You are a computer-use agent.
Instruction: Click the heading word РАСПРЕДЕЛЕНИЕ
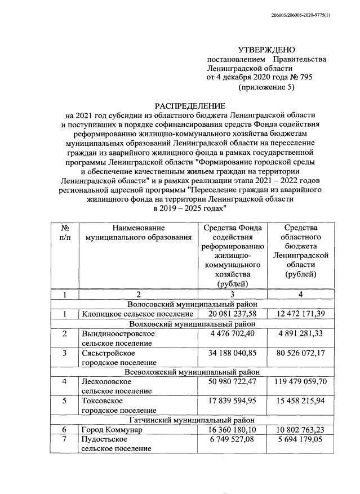(x=190, y=106)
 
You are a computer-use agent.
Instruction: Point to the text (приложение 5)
(x=266, y=87)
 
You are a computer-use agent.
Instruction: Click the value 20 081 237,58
(x=232, y=314)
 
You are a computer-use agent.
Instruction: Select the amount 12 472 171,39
(x=300, y=314)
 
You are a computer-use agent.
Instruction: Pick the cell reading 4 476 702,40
(x=232, y=334)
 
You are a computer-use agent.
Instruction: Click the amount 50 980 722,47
(x=232, y=381)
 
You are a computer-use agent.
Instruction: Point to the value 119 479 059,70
(x=300, y=381)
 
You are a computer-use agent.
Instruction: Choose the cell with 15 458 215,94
(x=300, y=400)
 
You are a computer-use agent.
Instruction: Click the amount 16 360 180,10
(x=232, y=429)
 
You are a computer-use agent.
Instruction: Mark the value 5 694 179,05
(x=300, y=439)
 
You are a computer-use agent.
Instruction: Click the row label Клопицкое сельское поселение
(x=137, y=314)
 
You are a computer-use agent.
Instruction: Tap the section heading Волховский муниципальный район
(x=190, y=324)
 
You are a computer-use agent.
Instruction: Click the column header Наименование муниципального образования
(x=137, y=233)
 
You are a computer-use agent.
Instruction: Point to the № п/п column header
(x=65, y=233)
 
